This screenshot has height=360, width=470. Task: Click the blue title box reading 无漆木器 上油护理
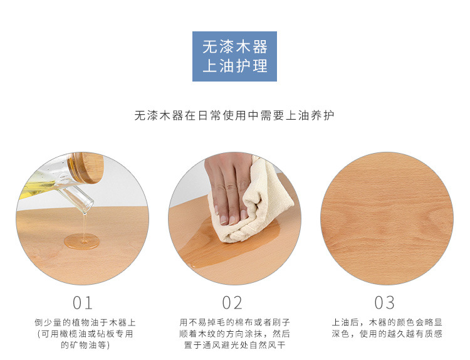[x=234, y=56]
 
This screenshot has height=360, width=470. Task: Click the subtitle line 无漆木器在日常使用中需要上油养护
[x=234, y=115]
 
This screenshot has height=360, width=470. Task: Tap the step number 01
[x=83, y=303]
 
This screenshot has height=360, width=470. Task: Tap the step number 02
[x=232, y=303]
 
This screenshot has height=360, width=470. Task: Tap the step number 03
[x=384, y=303]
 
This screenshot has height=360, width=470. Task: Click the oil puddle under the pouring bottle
[x=81, y=241]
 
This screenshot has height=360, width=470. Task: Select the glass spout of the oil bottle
[x=78, y=194]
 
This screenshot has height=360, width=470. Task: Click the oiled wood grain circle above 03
[x=387, y=219]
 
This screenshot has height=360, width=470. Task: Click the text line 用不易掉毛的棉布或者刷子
[x=234, y=322]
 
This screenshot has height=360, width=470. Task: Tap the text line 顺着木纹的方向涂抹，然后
[x=234, y=334]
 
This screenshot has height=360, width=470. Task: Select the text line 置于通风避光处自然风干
[x=234, y=345]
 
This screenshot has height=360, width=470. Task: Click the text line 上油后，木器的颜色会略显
[x=387, y=322]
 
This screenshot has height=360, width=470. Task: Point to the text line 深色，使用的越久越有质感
[x=387, y=334]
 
